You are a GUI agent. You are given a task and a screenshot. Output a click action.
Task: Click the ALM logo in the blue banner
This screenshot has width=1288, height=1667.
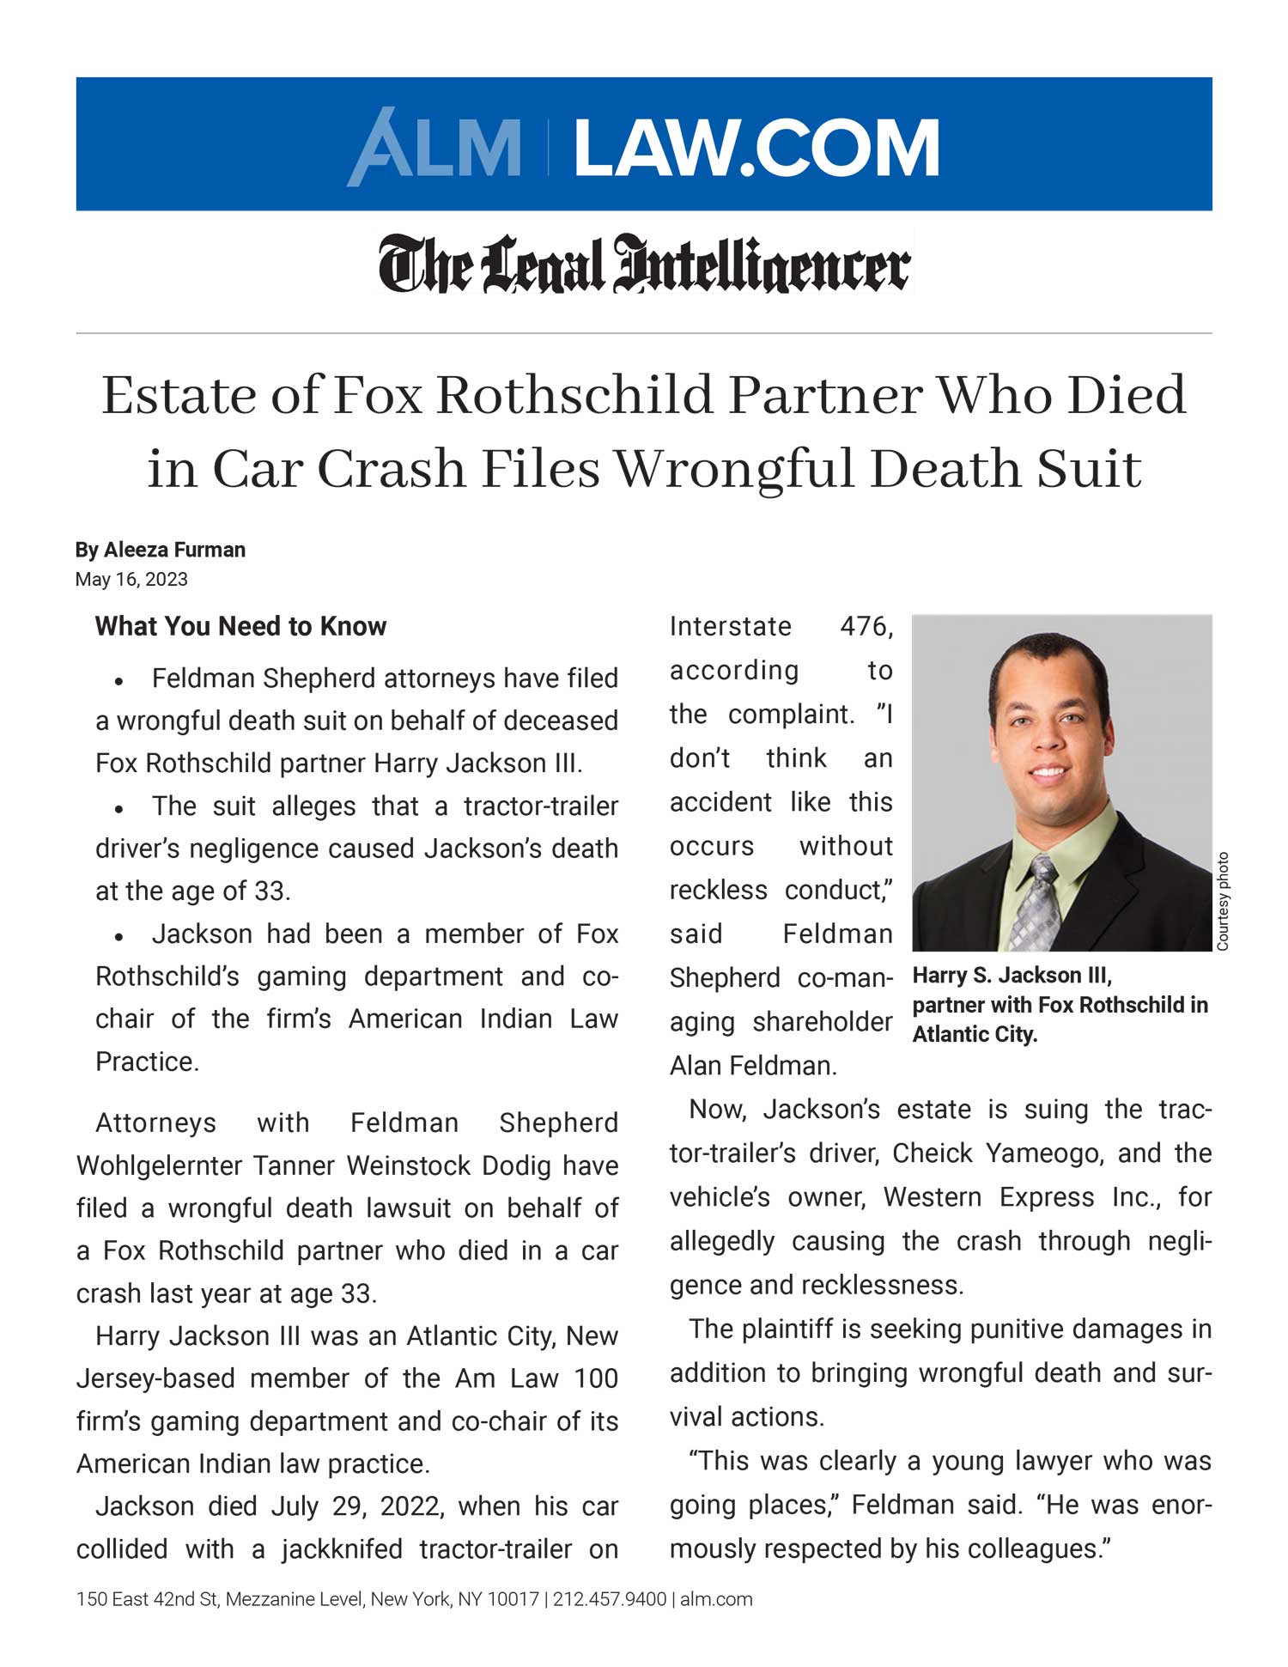coord(434,147)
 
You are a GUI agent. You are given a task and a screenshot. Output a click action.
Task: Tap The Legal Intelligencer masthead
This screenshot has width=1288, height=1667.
coord(644,264)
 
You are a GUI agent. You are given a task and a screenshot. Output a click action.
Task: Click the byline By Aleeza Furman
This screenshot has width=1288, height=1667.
coord(161,550)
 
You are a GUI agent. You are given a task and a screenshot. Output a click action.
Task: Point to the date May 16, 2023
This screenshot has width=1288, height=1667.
coord(131,579)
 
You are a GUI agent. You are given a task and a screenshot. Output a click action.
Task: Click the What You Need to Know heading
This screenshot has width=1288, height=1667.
coord(240,626)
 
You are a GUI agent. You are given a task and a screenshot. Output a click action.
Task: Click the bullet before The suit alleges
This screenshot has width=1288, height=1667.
coord(120,809)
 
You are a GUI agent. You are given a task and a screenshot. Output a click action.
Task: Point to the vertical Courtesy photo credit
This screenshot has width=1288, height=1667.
coord(1223,901)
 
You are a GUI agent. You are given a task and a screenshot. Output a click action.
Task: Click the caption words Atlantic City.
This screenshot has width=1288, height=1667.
coord(975,1034)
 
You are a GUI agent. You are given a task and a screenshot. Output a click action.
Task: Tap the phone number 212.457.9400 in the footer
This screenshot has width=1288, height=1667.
coord(610,1599)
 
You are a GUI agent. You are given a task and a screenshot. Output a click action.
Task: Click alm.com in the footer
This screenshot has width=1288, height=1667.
coord(716,1599)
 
